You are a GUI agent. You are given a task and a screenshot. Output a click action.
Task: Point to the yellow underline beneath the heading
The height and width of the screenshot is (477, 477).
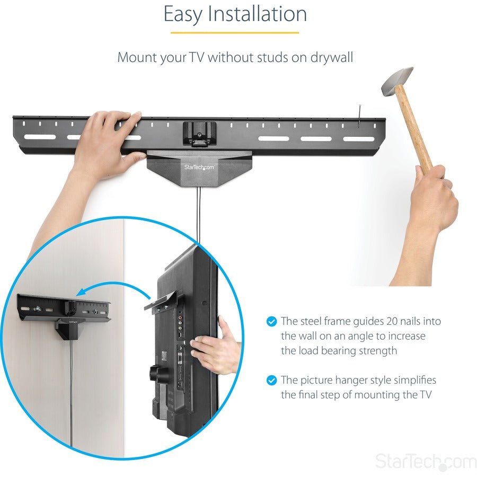coord(235,33)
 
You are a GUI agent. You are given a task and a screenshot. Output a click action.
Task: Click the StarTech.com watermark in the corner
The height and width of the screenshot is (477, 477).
coord(426,461)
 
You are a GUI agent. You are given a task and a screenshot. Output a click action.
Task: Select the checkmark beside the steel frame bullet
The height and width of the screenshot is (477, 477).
coord(271,321)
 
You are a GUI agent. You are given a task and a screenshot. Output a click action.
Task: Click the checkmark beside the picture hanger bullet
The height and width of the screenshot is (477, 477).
coord(271,380)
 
